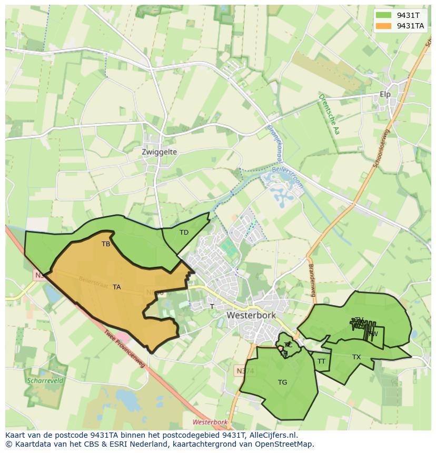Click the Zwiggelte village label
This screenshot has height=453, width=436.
coord(159,152)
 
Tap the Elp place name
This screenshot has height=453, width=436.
coord(385,95)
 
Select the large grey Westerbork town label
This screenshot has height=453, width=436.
coord(252,315)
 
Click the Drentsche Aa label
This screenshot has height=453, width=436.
coord(328,114)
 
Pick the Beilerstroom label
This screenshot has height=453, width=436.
coord(288,176)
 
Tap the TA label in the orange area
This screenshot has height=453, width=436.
coord(116,287)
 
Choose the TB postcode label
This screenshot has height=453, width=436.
coord(106,244)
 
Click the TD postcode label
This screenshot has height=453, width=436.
coord(184,233)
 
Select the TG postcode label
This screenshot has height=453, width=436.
coord(282,382)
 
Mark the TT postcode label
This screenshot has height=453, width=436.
coord(321,361)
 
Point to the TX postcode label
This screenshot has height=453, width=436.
coord(356,357)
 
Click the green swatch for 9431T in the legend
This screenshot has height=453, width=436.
coord(383,15)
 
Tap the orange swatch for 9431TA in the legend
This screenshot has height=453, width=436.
coord(383,25)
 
